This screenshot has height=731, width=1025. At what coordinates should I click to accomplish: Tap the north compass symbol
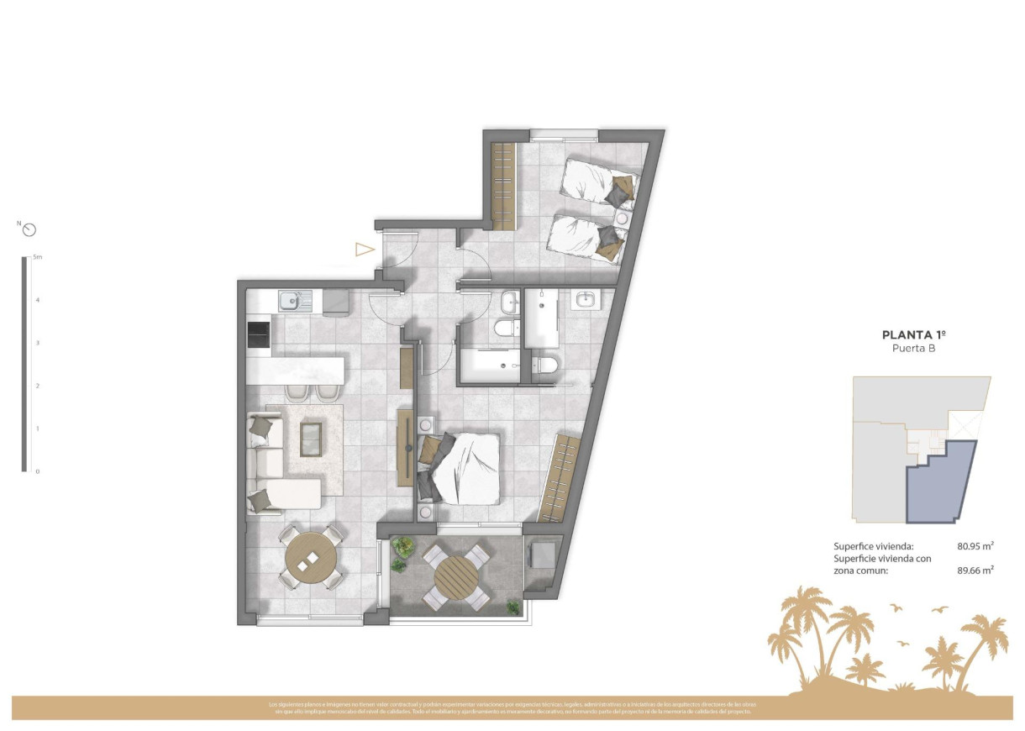click(30, 229)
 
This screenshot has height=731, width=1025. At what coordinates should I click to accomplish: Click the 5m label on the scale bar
click(37, 257)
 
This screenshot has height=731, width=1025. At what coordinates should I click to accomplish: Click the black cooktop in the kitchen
click(259, 336)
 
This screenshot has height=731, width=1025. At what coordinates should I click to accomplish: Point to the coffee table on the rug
click(311, 439)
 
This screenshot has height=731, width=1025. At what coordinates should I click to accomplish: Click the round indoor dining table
click(311, 558)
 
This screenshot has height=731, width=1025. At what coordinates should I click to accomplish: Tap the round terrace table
click(455, 576)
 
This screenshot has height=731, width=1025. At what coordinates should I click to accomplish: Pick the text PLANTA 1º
click(914, 334)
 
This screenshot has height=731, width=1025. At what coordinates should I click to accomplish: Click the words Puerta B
click(914, 348)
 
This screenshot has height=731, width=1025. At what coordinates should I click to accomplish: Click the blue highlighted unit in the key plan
click(941, 483)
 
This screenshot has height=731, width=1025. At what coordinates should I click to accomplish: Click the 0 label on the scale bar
click(37, 471)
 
